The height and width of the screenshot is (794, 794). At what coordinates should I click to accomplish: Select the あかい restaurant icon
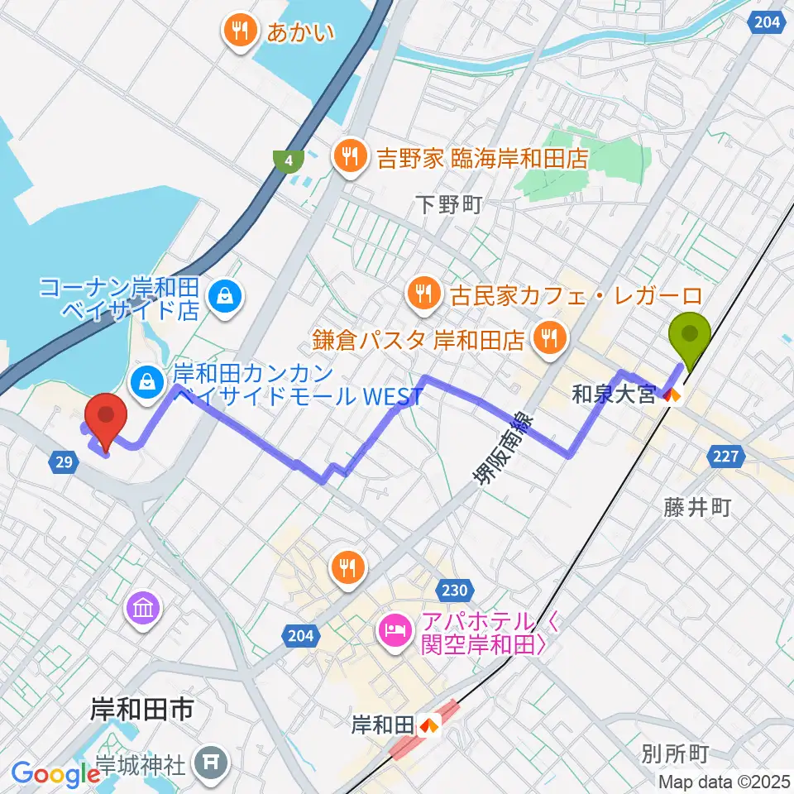tap(240, 32)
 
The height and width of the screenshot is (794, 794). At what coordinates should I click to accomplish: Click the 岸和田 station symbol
tap(428, 726)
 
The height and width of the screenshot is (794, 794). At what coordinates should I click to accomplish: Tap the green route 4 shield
tap(287, 161)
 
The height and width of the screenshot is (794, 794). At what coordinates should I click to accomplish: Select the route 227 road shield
tap(728, 455)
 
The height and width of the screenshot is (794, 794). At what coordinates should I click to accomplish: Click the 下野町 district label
tap(447, 205)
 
